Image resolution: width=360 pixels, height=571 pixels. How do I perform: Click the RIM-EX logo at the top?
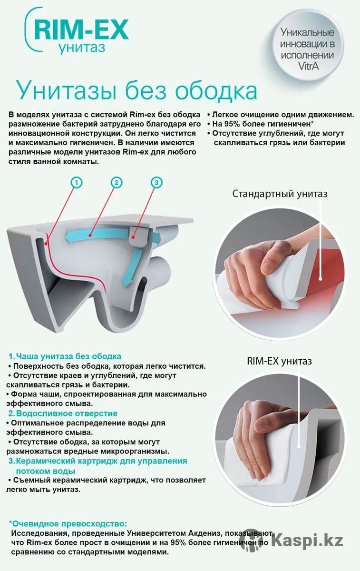pyautogui.click(x=77, y=30)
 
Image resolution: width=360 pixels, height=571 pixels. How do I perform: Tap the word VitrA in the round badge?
pyautogui.click(x=308, y=67)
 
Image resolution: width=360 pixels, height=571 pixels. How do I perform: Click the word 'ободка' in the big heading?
pyautogui.click(x=216, y=91)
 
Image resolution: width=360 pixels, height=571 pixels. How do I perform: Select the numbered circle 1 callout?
pyautogui.click(x=77, y=183)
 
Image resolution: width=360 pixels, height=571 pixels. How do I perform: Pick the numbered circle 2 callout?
pyautogui.click(x=117, y=183)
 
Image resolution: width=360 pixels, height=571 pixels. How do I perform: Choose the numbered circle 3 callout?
pyautogui.click(x=156, y=183)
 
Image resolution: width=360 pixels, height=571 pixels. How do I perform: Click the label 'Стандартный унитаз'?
pyautogui.click(x=280, y=194)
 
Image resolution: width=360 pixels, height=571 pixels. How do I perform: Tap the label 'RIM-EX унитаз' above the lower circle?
pyautogui.click(x=279, y=361)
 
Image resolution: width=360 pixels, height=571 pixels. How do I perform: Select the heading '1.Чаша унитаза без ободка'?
pyautogui.click(x=65, y=356)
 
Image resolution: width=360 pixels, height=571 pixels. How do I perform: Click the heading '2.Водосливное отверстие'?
pyautogui.click(x=63, y=413)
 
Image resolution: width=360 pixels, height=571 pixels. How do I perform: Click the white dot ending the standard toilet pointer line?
pyautogui.click(x=320, y=279)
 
